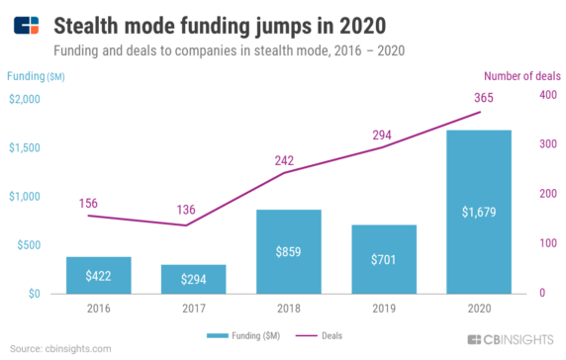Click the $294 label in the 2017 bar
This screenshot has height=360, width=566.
pyautogui.click(x=194, y=280)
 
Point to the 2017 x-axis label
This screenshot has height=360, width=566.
pyautogui.click(x=194, y=307)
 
